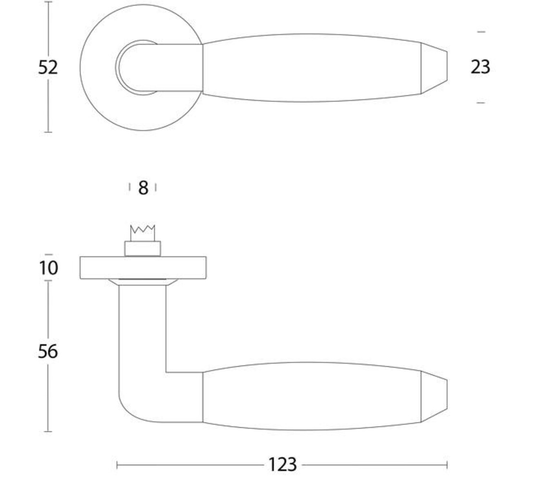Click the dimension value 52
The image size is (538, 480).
pos(48,67)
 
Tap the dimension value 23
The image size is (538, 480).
pos(480,67)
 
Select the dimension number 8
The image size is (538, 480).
pos(143,188)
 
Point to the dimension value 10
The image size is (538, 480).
pos(48,267)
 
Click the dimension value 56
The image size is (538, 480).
pos(48,351)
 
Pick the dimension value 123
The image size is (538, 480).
pos(282,465)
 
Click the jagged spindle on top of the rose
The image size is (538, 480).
pos(143,233)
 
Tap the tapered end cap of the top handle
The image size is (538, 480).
pos(434,67)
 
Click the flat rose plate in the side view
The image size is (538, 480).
pos(143,268)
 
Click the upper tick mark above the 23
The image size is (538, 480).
pos(481,32)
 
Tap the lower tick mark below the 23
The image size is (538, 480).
pos(481,103)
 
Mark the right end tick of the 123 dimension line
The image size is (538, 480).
pos(447,465)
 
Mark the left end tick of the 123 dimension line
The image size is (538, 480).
pos(117,465)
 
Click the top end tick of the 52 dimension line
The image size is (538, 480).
pos(48,2)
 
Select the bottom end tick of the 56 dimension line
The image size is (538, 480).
pos(48,431)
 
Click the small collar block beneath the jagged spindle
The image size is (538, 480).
pos(143,248)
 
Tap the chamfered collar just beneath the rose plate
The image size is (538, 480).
pos(143,282)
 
